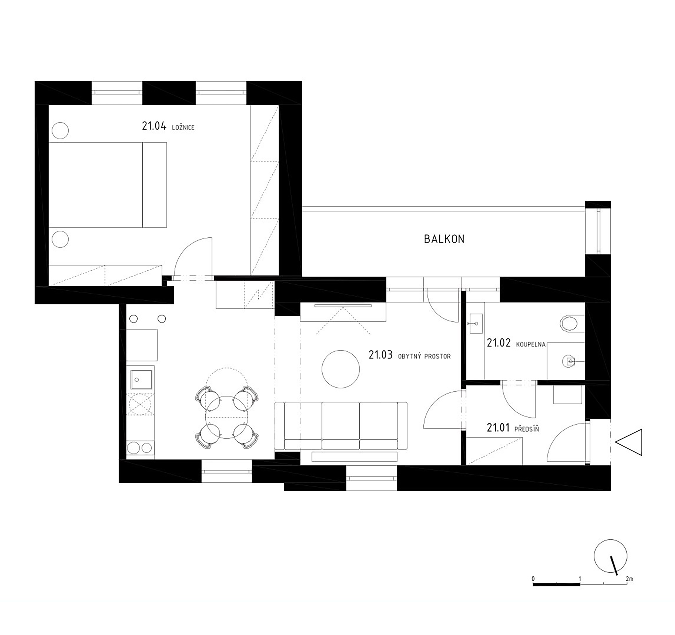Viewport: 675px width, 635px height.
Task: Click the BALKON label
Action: click(x=444, y=239)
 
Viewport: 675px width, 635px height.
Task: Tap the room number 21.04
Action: click(x=154, y=126)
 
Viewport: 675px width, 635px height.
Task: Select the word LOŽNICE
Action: click(x=183, y=128)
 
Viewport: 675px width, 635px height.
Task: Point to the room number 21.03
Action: click(x=381, y=355)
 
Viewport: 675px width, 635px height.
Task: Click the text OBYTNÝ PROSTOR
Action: click(x=424, y=356)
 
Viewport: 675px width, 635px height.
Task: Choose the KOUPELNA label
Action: click(x=531, y=344)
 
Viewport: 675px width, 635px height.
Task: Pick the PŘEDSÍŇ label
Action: click(x=527, y=429)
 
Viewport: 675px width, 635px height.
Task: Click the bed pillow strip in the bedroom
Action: click(x=154, y=185)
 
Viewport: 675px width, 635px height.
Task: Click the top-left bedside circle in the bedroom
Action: click(x=60, y=130)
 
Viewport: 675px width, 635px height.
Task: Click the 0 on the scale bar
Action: click(x=533, y=579)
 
